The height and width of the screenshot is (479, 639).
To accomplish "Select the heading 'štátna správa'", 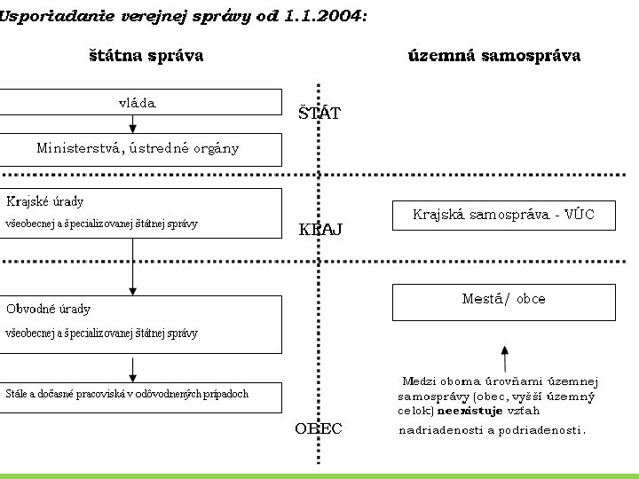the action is coord(146,56).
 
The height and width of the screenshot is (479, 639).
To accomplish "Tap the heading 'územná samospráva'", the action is coord(494,56).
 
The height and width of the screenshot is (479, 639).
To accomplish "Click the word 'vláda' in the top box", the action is coord(137,103).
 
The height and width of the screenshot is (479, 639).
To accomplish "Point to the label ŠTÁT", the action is coord(319,114).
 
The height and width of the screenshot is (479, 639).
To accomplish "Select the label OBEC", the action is coord(318,429).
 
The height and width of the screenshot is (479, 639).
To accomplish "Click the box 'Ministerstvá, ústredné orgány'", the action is coord(138,149).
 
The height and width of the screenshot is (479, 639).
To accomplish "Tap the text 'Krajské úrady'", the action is coord(45,202).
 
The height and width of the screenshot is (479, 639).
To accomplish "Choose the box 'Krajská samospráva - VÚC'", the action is coord(503,215).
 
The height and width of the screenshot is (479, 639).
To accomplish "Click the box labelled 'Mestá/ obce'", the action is coord(503,300).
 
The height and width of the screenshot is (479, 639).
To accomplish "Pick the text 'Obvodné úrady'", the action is coord(48,310).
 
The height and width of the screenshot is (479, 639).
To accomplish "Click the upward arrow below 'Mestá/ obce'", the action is coord(504,357).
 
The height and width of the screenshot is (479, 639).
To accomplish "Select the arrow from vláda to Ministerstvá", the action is coord(133,123).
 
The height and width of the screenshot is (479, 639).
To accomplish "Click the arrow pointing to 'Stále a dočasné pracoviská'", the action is coord(133,367).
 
